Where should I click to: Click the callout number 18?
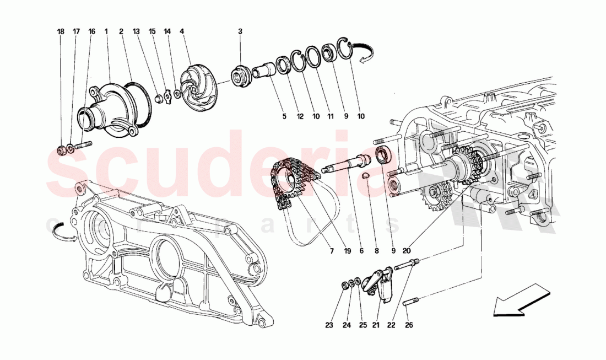(61, 32)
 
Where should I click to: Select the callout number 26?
(408, 325)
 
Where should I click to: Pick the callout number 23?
(329, 325)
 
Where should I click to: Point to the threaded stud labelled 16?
(83, 147)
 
